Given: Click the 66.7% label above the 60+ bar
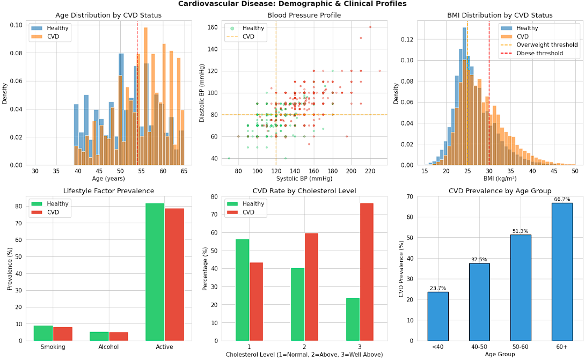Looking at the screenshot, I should tap(563, 200).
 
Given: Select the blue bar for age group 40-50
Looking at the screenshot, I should tap(479, 302).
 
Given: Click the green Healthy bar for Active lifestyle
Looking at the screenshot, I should tap(155, 272).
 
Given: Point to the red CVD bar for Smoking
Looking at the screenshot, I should tap(62, 334).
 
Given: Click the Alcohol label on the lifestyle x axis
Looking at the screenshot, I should tap(109, 347).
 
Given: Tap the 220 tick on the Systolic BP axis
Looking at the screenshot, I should tap(370, 171).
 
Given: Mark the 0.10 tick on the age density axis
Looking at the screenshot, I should tap(16, 25).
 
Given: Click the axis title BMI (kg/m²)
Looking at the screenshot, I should tap(500, 178).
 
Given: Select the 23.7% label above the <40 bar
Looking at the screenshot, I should tap(438, 288).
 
